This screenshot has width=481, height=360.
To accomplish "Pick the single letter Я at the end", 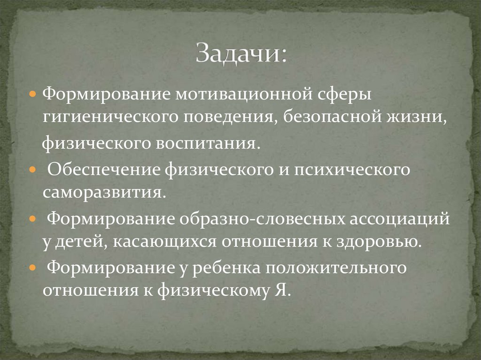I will (x=282, y=291).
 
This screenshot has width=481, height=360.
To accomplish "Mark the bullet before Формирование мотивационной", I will (x=32, y=93).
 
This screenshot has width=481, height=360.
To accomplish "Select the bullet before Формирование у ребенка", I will (x=32, y=267).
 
